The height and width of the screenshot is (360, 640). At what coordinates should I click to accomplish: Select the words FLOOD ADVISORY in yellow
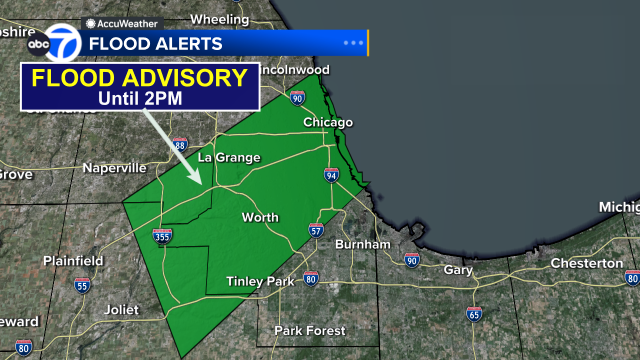[138, 79]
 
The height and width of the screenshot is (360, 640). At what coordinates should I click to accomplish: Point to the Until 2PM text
[138, 99]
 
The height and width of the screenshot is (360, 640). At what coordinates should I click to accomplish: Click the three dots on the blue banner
[353, 44]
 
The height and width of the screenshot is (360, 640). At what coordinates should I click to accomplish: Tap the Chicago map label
[328, 123]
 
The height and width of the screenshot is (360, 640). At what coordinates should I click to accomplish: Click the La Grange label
[229, 158]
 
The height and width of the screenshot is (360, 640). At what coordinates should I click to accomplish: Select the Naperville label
[114, 168]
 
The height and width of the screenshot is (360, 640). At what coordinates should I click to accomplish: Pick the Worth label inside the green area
[259, 217]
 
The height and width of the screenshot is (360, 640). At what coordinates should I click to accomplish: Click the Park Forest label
[310, 331]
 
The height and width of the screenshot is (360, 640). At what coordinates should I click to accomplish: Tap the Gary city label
[458, 270]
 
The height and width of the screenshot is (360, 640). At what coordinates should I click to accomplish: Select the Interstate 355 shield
[163, 237]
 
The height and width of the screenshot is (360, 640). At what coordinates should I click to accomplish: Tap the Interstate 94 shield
[331, 175]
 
